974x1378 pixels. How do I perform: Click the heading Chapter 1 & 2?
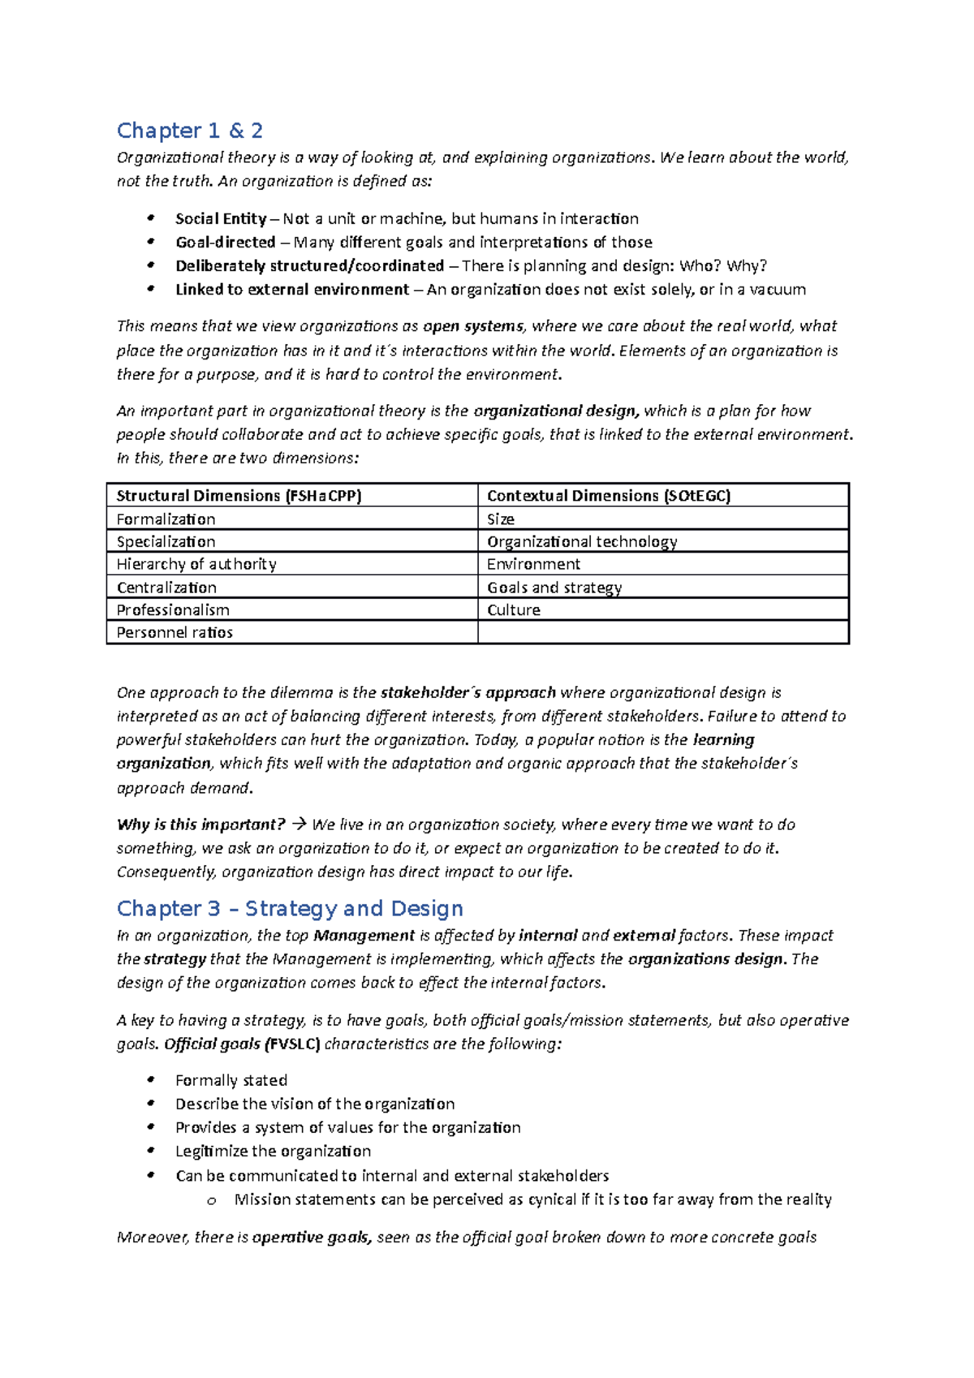pyautogui.click(x=189, y=131)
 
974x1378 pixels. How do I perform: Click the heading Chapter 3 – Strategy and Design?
pyautogui.click(x=290, y=908)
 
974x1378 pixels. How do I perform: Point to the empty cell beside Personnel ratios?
pyautogui.click(x=662, y=633)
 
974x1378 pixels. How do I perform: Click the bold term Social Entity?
pyautogui.click(x=220, y=219)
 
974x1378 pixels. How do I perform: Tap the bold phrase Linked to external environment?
pyautogui.click(x=291, y=290)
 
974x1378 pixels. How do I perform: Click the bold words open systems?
pyautogui.click(x=473, y=326)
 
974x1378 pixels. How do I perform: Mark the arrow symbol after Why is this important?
pyautogui.click(x=298, y=825)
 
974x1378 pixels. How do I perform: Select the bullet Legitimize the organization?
pyautogui.click(x=273, y=1152)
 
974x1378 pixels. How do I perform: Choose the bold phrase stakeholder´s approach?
pyautogui.click(x=468, y=693)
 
